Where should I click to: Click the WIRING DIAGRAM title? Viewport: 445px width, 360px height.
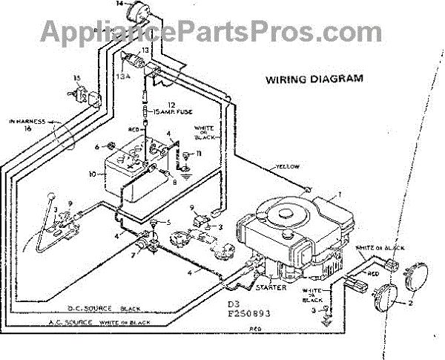pyautogui.click(x=314, y=78)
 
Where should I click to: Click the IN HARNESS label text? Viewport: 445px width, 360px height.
pyautogui.click(x=27, y=120)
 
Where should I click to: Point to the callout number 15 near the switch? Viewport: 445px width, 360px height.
pyautogui.click(x=77, y=78)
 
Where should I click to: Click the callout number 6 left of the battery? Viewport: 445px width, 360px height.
pyautogui.click(x=96, y=147)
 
